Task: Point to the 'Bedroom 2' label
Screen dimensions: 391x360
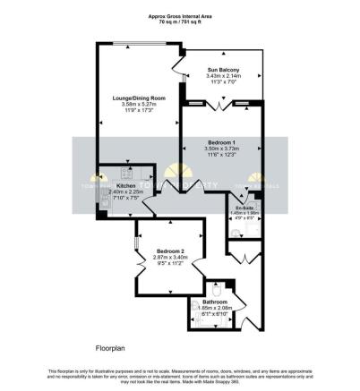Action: click(169, 251)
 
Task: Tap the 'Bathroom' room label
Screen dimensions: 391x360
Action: click(214, 302)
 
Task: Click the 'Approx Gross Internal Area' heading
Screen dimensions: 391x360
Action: click(179, 16)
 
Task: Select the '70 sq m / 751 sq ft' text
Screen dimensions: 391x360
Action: click(179, 22)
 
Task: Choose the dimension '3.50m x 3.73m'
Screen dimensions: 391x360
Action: click(220, 150)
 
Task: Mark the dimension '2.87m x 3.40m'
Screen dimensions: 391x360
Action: click(169, 257)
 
